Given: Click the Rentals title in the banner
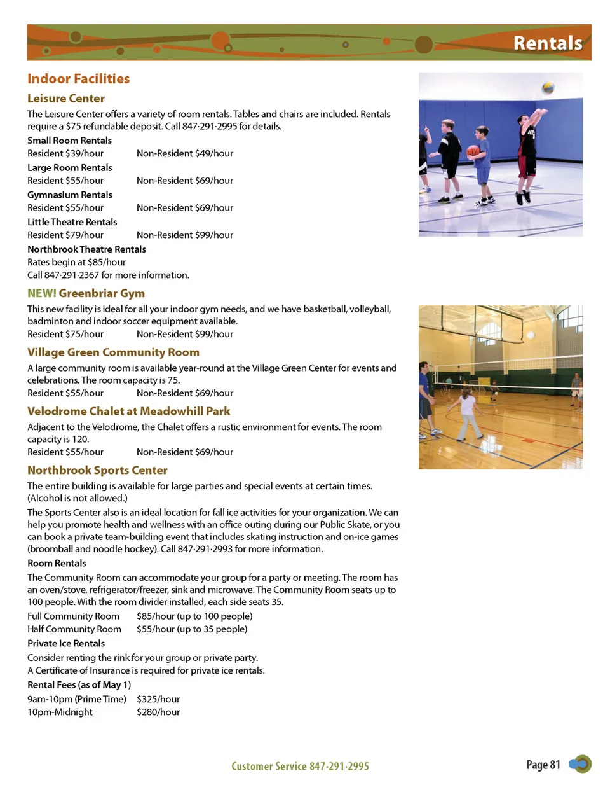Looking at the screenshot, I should (x=548, y=43).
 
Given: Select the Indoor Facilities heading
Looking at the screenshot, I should (x=78, y=79).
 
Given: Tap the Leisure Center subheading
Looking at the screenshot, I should (x=65, y=99).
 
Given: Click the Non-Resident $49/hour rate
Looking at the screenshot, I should (x=185, y=153).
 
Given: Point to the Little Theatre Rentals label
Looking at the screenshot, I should (x=72, y=222).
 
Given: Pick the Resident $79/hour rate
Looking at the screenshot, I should (x=65, y=235).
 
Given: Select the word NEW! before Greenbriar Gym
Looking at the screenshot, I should (x=41, y=293).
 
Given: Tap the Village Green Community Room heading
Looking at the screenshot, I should (x=113, y=352).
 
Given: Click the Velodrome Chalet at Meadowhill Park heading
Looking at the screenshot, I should (x=128, y=412).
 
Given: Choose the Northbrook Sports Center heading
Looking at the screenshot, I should (x=97, y=470).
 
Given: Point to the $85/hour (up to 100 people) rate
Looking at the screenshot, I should (x=194, y=616).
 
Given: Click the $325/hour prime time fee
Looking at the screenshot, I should (x=158, y=699).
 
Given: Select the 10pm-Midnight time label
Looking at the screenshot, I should (x=60, y=712).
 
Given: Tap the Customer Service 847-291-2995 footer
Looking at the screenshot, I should (x=300, y=767).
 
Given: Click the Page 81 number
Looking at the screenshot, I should (x=543, y=765).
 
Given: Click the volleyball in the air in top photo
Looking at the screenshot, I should (x=548, y=88).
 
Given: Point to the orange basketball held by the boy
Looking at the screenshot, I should (x=473, y=151).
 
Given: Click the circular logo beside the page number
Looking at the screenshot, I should (x=580, y=764).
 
